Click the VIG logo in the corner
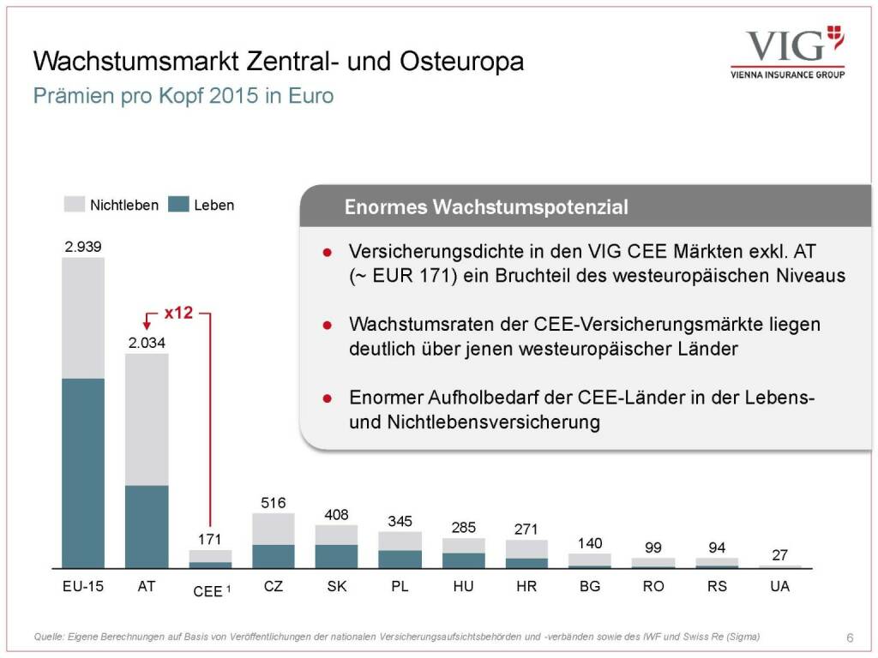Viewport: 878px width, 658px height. [x=787, y=51]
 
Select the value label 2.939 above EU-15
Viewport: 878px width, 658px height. [x=83, y=247]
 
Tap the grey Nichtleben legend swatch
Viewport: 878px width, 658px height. [x=75, y=205]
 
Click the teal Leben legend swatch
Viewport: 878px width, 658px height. [x=178, y=205]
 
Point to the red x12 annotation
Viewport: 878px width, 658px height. [x=178, y=314]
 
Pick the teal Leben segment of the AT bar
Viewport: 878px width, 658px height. [x=147, y=526]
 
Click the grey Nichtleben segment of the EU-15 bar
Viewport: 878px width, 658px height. [x=83, y=317]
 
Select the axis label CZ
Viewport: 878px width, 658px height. [x=274, y=587]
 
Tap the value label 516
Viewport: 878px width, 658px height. [x=274, y=503]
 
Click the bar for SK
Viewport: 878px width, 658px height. [x=336, y=547]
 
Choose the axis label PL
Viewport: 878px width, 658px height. [x=400, y=587]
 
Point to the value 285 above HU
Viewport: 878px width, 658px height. [x=463, y=527]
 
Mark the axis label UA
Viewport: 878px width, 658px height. [x=779, y=587]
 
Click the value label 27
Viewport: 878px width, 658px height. [x=779, y=555]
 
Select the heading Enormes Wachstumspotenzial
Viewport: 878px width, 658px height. [x=486, y=207]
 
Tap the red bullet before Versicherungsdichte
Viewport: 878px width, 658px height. [x=327, y=253]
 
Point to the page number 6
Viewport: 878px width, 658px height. [x=850, y=637]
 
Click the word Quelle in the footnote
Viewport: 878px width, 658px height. [x=49, y=636]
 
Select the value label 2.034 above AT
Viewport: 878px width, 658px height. [x=147, y=344]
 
